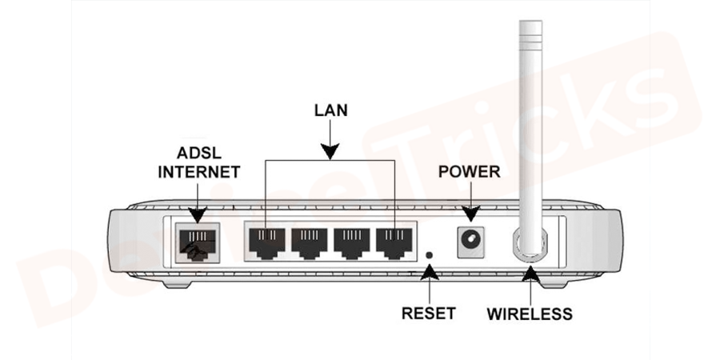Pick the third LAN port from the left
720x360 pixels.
(x=352, y=242)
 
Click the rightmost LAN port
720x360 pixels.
(x=394, y=242)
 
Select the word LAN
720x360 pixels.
(x=330, y=110)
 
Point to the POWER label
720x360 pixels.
(x=470, y=172)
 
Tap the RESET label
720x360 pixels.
(x=429, y=313)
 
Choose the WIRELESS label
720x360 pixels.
(x=530, y=314)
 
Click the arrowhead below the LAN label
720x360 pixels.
(x=330, y=149)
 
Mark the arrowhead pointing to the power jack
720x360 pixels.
(x=470, y=213)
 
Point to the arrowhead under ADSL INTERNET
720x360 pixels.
(x=198, y=214)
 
